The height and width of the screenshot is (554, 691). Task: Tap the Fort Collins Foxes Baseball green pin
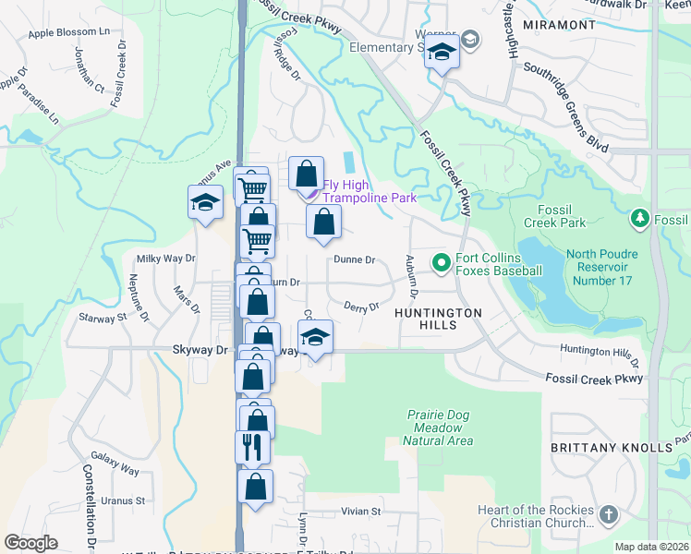click(441, 264)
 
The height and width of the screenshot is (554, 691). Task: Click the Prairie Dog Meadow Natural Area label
click(439, 428)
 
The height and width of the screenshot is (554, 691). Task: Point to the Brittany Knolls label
click(611, 447)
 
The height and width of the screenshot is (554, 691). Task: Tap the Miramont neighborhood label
click(559, 25)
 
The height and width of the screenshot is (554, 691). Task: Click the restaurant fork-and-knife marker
click(252, 448)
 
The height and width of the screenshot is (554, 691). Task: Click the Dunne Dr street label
click(355, 260)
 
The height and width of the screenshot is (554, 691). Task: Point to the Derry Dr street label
click(361, 307)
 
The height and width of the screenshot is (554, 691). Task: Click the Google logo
click(30, 543)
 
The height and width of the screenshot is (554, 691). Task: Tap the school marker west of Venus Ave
click(205, 204)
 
